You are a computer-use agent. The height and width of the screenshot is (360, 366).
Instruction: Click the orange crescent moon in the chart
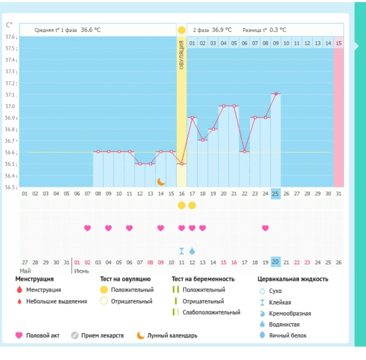point(161,181)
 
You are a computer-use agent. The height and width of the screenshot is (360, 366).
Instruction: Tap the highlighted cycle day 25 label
point(275,194)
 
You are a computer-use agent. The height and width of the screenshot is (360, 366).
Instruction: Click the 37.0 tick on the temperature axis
point(10,107)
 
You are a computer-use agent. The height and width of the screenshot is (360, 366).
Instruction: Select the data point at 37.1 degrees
point(276,94)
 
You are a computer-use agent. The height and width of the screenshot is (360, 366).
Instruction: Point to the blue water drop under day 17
point(192,251)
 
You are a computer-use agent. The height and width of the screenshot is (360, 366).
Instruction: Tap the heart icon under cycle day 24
point(265,228)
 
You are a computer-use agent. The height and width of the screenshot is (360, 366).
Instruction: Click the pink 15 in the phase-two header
point(338,43)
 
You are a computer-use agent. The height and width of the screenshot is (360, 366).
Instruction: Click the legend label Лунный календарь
point(172,335)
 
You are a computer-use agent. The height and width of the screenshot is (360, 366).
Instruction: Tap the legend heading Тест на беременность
point(203,279)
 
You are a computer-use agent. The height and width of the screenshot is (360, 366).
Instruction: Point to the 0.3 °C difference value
point(278,29)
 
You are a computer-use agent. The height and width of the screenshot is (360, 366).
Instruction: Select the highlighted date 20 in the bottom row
point(275,262)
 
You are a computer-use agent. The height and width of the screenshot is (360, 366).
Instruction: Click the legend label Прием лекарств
point(102,335)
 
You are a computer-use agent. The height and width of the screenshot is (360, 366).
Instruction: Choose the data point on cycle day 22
point(244,152)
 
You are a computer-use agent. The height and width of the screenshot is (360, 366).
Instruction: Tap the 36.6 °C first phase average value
point(90,29)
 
